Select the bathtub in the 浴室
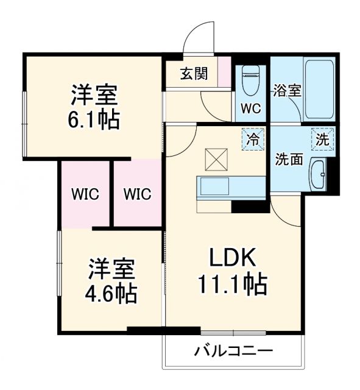click(319, 89)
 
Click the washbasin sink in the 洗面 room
click(318, 175)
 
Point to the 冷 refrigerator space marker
click(252, 138)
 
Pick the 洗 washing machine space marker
click(322, 138)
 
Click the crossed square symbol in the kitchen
click(215, 160)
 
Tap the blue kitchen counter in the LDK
click(230, 187)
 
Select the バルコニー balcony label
click(233, 352)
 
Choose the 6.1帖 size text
click(94, 118)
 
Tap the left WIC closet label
click(85, 194)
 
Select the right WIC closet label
click(137, 194)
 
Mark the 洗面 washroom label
click(289, 160)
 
